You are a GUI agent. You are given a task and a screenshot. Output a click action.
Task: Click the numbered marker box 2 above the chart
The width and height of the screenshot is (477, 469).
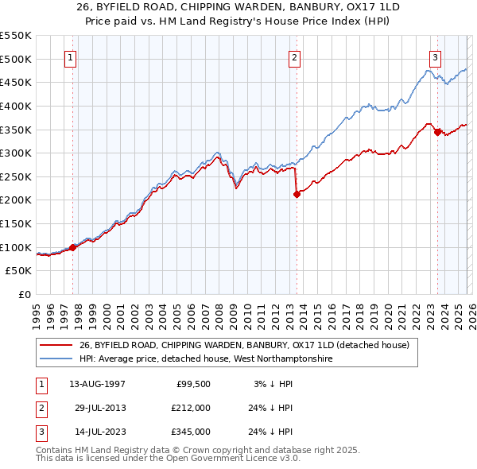coord(294,57)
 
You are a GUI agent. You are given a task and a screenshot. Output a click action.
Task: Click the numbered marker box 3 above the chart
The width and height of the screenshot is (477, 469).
coord(436,57)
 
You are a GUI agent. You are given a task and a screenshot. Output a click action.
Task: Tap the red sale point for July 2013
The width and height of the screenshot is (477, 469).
coord(296,193)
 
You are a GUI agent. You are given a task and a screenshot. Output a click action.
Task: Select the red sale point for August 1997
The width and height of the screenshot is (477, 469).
coord(72,247)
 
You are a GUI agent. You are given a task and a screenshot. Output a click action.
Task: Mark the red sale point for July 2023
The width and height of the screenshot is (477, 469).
coord(436,131)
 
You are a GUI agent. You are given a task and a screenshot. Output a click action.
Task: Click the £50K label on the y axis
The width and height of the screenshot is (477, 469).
coord(19,271)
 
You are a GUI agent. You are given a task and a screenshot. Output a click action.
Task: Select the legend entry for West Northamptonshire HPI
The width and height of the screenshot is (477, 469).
coord(207,359)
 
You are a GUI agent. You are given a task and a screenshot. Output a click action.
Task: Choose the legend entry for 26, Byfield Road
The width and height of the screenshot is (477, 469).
coord(243,345)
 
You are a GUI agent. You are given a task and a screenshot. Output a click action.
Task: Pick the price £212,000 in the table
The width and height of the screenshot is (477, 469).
coord(191,408)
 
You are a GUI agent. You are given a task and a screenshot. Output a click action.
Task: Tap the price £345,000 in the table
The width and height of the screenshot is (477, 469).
coord(191,432)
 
